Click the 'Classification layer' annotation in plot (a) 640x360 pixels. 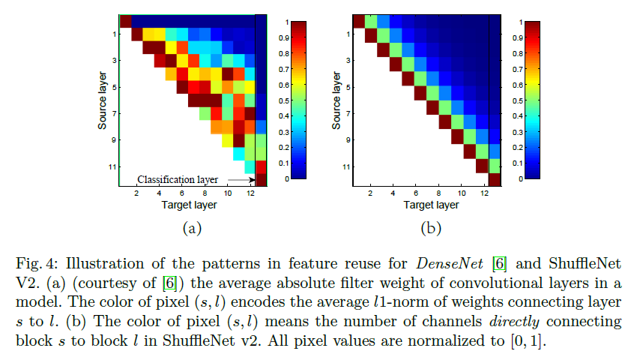pyautogui.click(x=177, y=180)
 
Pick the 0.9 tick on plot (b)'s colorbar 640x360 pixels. pyautogui.click(x=518, y=37)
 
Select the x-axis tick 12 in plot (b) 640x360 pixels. pyautogui.click(x=485, y=193)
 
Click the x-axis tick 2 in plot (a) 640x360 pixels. pyautogui.click(x=136, y=193)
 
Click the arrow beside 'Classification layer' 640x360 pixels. pyautogui.click(x=240, y=180)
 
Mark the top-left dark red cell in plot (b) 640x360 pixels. pyautogui.click(x=358, y=20)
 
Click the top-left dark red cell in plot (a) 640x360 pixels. pyautogui.click(x=126, y=20)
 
